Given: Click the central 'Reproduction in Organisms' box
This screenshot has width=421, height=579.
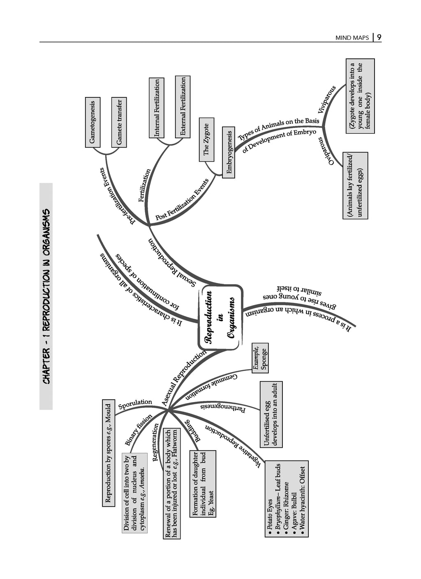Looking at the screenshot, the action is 220,318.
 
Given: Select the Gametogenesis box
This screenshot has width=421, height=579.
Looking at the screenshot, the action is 93,122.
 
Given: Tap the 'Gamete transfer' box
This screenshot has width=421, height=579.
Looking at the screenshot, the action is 119,122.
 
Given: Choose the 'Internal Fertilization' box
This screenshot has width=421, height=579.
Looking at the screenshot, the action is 157,108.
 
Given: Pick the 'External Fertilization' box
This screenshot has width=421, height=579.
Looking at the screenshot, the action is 183,107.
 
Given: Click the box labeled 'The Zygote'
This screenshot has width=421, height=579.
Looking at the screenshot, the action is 206,139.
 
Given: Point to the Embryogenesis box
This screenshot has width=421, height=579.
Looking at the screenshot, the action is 229,153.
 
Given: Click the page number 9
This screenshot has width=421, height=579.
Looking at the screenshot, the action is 379,37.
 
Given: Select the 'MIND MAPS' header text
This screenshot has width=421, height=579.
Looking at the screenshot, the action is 352,38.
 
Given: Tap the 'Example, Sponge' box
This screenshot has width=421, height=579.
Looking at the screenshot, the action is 260,358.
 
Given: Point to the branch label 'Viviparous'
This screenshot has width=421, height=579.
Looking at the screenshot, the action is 327,100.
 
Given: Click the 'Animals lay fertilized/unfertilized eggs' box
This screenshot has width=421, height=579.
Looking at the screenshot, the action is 355,185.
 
